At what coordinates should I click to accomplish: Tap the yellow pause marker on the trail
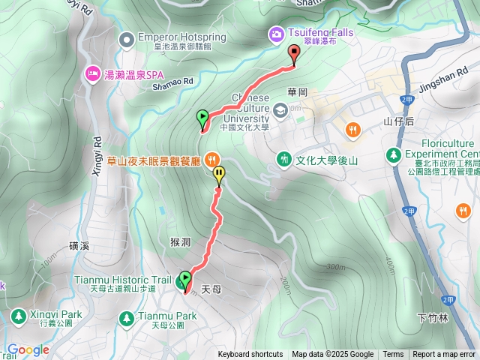pyautogui.click(x=219, y=175)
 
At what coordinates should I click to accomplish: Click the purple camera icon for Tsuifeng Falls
pyautogui.click(x=277, y=34)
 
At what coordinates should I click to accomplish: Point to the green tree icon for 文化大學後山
pyautogui.click(x=284, y=159)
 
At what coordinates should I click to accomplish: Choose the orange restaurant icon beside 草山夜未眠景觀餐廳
pyautogui.click(x=213, y=159)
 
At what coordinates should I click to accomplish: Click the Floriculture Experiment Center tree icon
pyautogui.click(x=392, y=154)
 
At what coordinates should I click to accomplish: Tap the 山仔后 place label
pyautogui.click(x=399, y=121)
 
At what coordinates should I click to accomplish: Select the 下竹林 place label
pyautogui.click(x=432, y=318)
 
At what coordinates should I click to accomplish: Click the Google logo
pyautogui.click(x=28, y=349)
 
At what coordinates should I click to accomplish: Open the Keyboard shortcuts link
pyautogui.click(x=250, y=355)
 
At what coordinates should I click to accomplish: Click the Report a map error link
pyautogui.click(x=444, y=355)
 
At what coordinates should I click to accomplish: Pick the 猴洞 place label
pyautogui.click(x=183, y=241)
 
